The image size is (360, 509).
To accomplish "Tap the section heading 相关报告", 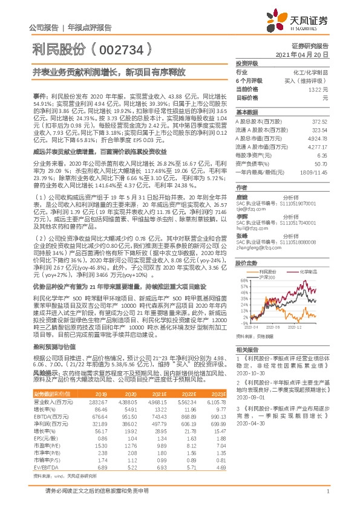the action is pyautogui.click(x=248, y=350).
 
